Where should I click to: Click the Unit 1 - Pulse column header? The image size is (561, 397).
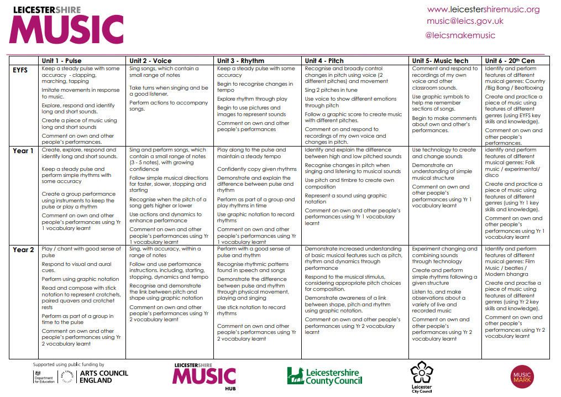pos(62,61)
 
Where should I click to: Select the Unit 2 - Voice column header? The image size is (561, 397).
pos(150,61)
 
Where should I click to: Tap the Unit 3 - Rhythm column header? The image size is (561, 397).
pos(240,61)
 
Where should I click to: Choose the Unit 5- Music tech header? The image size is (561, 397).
pos(440,61)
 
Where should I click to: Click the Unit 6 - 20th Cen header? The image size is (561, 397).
pos(510,61)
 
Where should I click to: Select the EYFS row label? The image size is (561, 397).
pos(20,70)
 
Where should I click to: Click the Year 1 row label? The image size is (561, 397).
pos(23,151)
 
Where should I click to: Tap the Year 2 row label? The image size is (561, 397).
pos(23,250)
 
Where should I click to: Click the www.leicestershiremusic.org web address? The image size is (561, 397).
pos(483,9)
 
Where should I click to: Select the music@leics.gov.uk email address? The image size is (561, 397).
pos(465,22)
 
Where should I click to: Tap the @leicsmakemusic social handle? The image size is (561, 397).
pos(460,35)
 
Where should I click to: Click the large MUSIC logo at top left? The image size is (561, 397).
pos(66,29)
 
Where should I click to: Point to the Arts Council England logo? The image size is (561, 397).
pos(94,377)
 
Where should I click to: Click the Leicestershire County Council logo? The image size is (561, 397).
pos(324,377)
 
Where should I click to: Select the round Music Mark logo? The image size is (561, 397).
pos(522,378)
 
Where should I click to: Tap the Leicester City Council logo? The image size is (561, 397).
pos(422,378)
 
